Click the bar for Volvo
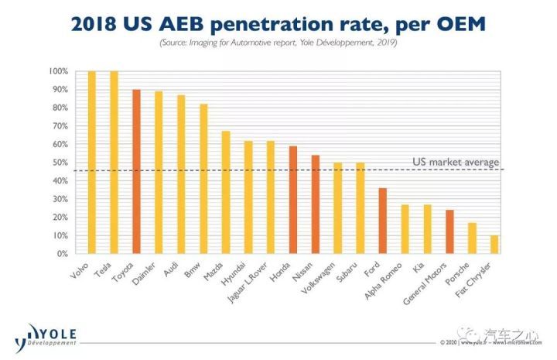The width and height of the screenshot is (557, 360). [x=91, y=163]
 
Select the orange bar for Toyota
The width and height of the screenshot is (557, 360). [x=136, y=172]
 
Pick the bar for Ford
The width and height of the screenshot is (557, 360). [x=382, y=221]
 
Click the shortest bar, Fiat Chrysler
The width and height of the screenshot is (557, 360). [x=494, y=245]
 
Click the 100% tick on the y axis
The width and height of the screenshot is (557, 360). [x=60, y=71]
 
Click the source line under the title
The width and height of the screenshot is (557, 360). [x=278, y=43]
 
